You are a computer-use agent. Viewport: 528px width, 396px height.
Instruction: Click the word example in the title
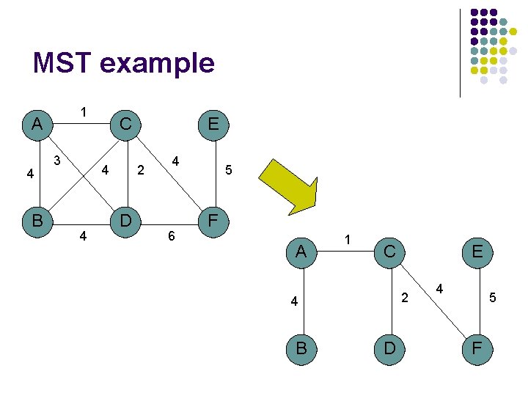tap(156, 65)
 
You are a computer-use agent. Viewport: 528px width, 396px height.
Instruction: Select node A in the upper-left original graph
tap(37, 124)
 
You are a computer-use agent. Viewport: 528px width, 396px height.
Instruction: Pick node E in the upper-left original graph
tap(213, 124)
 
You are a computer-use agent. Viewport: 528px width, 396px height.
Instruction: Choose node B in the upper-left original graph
tap(37, 220)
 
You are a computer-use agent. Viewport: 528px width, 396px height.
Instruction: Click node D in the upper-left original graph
tap(125, 220)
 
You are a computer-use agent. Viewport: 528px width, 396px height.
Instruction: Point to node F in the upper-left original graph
tap(213, 220)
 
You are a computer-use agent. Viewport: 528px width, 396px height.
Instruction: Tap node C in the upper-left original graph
tap(125, 124)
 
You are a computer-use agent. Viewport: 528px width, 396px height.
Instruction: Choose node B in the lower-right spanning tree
tap(301, 348)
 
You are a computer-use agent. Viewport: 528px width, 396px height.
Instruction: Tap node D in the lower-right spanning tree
tap(389, 348)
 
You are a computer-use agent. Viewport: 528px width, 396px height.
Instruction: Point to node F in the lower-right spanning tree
tap(477, 348)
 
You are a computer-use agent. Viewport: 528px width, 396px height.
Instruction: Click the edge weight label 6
tap(172, 237)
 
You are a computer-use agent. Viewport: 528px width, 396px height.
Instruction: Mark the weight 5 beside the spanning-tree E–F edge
tap(493, 298)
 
